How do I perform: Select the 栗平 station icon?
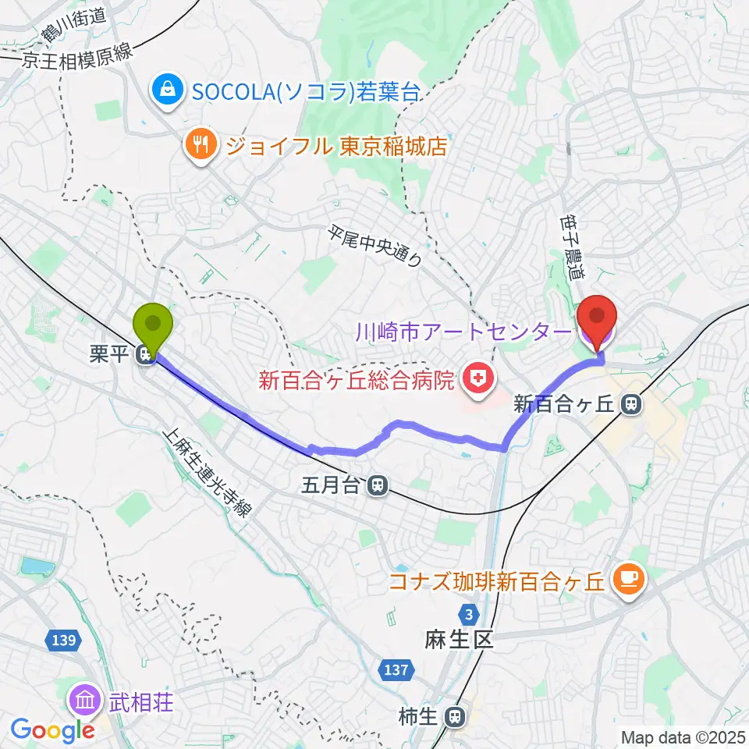click(x=144, y=356)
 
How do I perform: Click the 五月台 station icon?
click(x=378, y=485)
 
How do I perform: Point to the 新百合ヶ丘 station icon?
click(x=631, y=404)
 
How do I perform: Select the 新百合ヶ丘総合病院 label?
click(x=357, y=382)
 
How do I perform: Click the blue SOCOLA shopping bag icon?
click(x=167, y=92)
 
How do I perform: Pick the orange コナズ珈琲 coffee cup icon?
click(x=630, y=580)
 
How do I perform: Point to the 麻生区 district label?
click(x=460, y=641)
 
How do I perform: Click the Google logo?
click(x=53, y=730)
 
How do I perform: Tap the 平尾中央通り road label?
click(x=375, y=246)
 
